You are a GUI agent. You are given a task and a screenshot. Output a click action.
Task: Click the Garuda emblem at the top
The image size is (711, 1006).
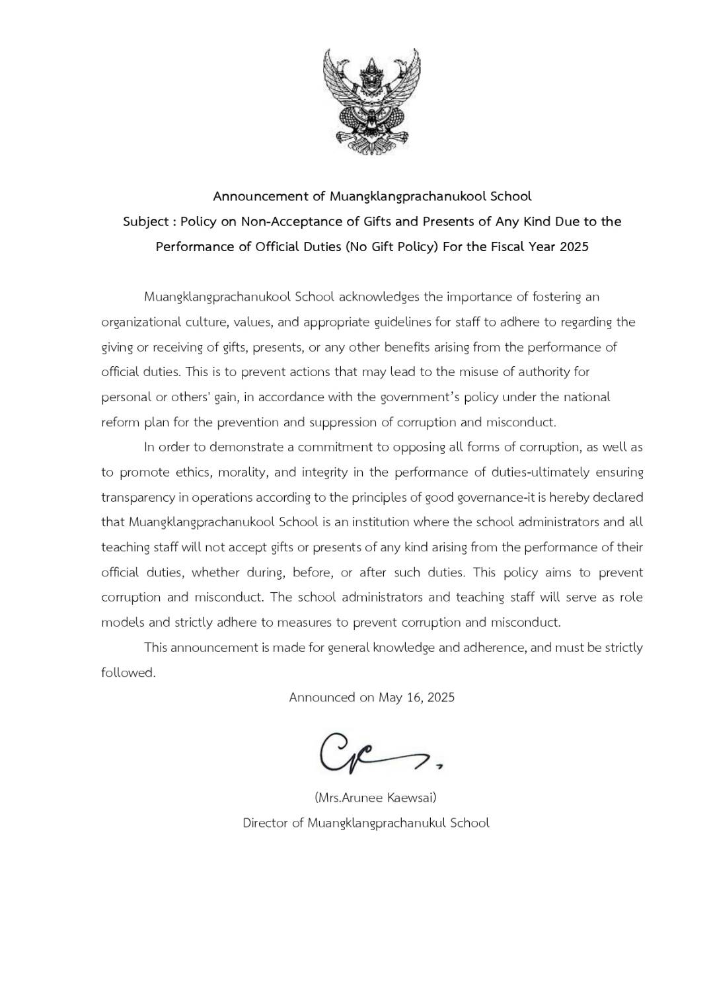coord(372,101)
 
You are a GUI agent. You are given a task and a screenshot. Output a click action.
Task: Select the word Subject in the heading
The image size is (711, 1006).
coord(145,222)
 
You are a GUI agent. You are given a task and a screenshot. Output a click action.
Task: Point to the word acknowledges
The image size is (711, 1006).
coord(379,297)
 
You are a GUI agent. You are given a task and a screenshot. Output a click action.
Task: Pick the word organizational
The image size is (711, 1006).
coord(139,322)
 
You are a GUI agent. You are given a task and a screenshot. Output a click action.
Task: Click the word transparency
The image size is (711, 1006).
coord(138,497)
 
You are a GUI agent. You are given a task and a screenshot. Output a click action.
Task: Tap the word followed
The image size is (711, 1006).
coord(128,673)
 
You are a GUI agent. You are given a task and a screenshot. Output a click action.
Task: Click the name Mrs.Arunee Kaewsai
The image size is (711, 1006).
coord(375,797)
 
